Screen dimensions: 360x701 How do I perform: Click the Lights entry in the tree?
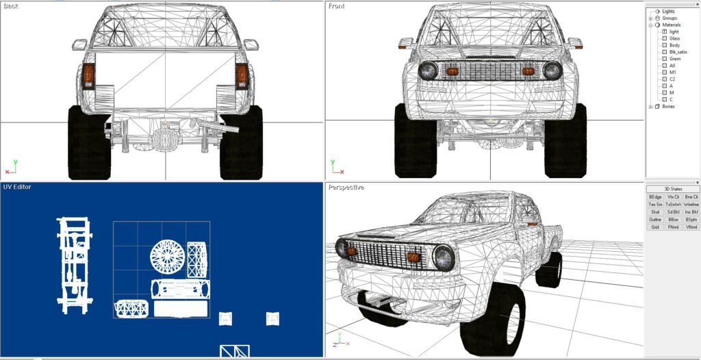[x=668, y=11]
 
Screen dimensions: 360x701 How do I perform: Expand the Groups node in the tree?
[x=650, y=18]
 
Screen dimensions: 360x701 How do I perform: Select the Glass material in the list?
[x=674, y=38]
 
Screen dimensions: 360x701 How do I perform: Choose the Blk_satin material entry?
[x=678, y=52]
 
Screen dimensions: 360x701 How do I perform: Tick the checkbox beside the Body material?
[x=663, y=45]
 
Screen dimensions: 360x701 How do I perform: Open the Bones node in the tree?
[x=650, y=106]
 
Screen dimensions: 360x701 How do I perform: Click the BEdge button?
[x=655, y=196]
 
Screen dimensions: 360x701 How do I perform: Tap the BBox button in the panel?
[x=674, y=220]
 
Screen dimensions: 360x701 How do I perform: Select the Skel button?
[x=655, y=212]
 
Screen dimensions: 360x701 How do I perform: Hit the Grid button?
[x=655, y=227]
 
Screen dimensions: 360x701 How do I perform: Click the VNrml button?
[x=691, y=227]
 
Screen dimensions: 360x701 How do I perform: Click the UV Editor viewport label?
[x=17, y=187]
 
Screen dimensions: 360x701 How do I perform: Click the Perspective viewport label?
[x=346, y=187]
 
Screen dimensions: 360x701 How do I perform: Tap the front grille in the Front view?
[x=489, y=71]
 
